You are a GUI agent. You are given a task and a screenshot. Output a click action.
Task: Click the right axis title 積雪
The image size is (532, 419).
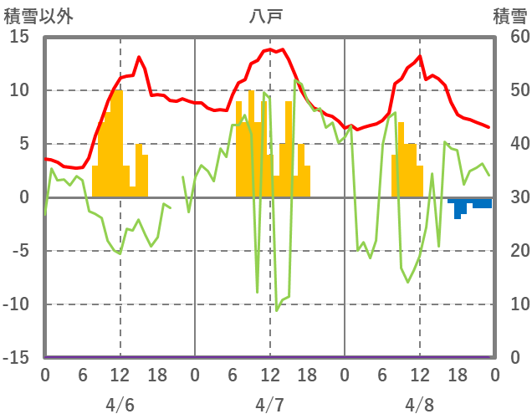click(509, 16)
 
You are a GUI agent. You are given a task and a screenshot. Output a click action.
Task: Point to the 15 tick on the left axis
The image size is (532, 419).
click(19, 37)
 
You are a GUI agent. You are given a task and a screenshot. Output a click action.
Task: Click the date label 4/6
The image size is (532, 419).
click(120, 405)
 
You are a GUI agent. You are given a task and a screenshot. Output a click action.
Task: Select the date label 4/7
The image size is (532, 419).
click(269, 405)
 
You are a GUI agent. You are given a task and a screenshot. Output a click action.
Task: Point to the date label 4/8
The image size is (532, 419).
click(419, 405)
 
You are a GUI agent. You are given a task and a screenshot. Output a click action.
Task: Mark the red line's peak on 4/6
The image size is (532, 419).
click(139, 57)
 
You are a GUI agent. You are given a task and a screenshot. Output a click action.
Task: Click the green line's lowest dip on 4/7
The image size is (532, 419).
click(277, 310)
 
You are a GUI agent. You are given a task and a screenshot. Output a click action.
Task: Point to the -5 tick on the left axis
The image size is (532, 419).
click(19, 251)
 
